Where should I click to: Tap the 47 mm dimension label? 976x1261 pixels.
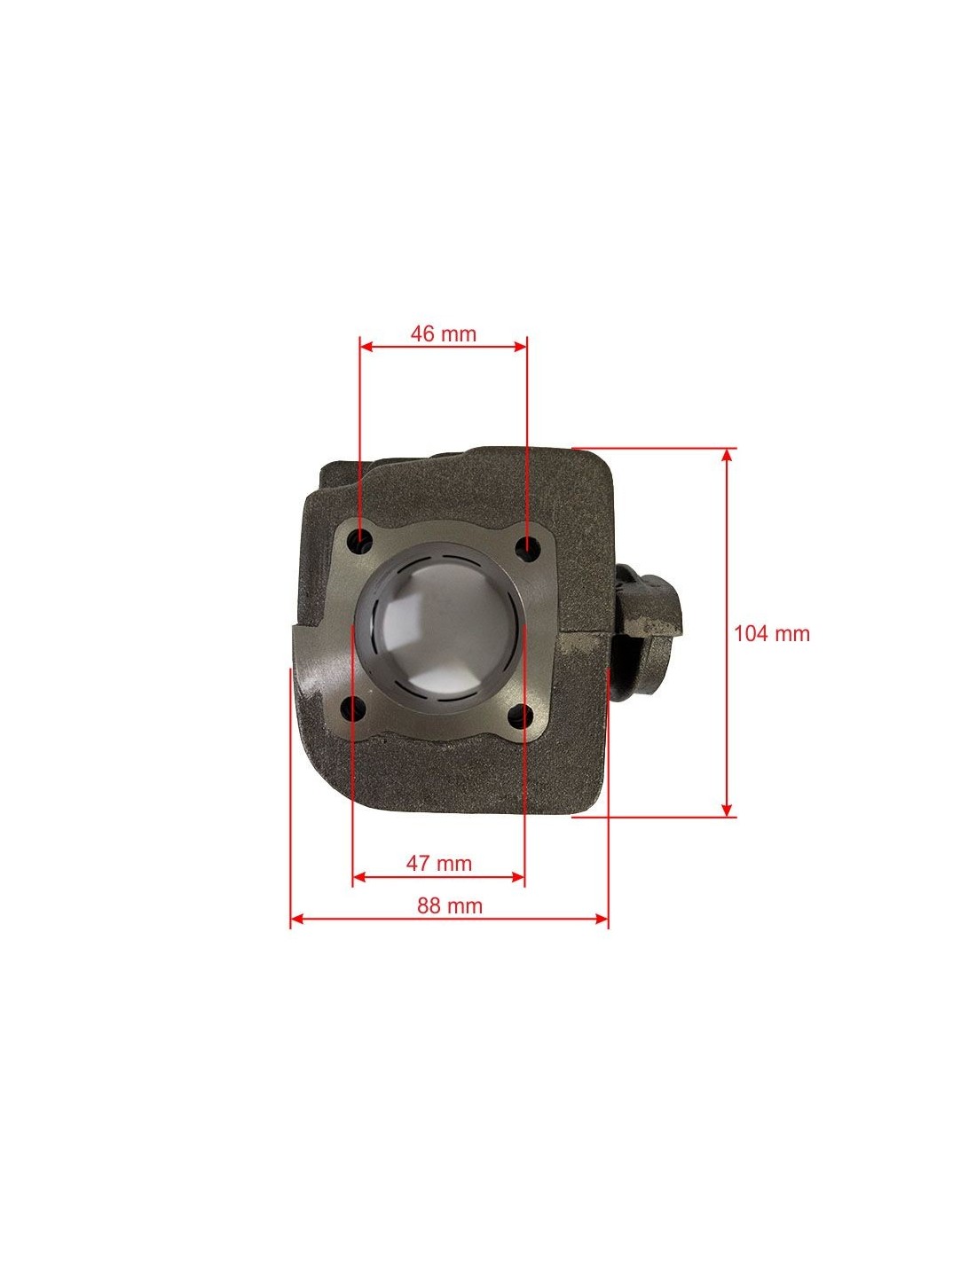[438, 864]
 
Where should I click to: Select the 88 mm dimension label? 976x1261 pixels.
[449, 905]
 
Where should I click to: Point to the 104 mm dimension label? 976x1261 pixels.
[772, 633]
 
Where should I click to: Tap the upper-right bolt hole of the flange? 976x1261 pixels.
[527, 544]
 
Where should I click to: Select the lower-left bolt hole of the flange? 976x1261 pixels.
[353, 707]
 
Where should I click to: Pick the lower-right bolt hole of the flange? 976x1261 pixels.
[521, 715]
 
